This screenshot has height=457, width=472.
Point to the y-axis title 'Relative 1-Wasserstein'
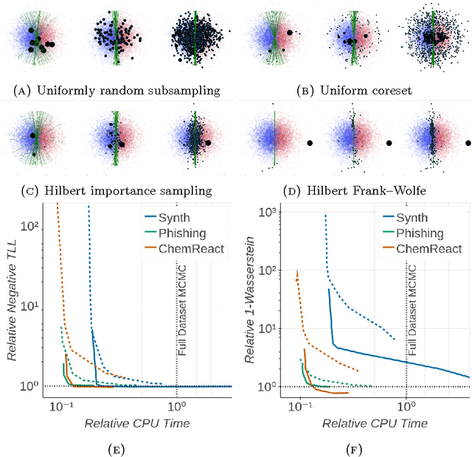250,303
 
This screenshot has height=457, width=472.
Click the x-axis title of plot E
138,424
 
